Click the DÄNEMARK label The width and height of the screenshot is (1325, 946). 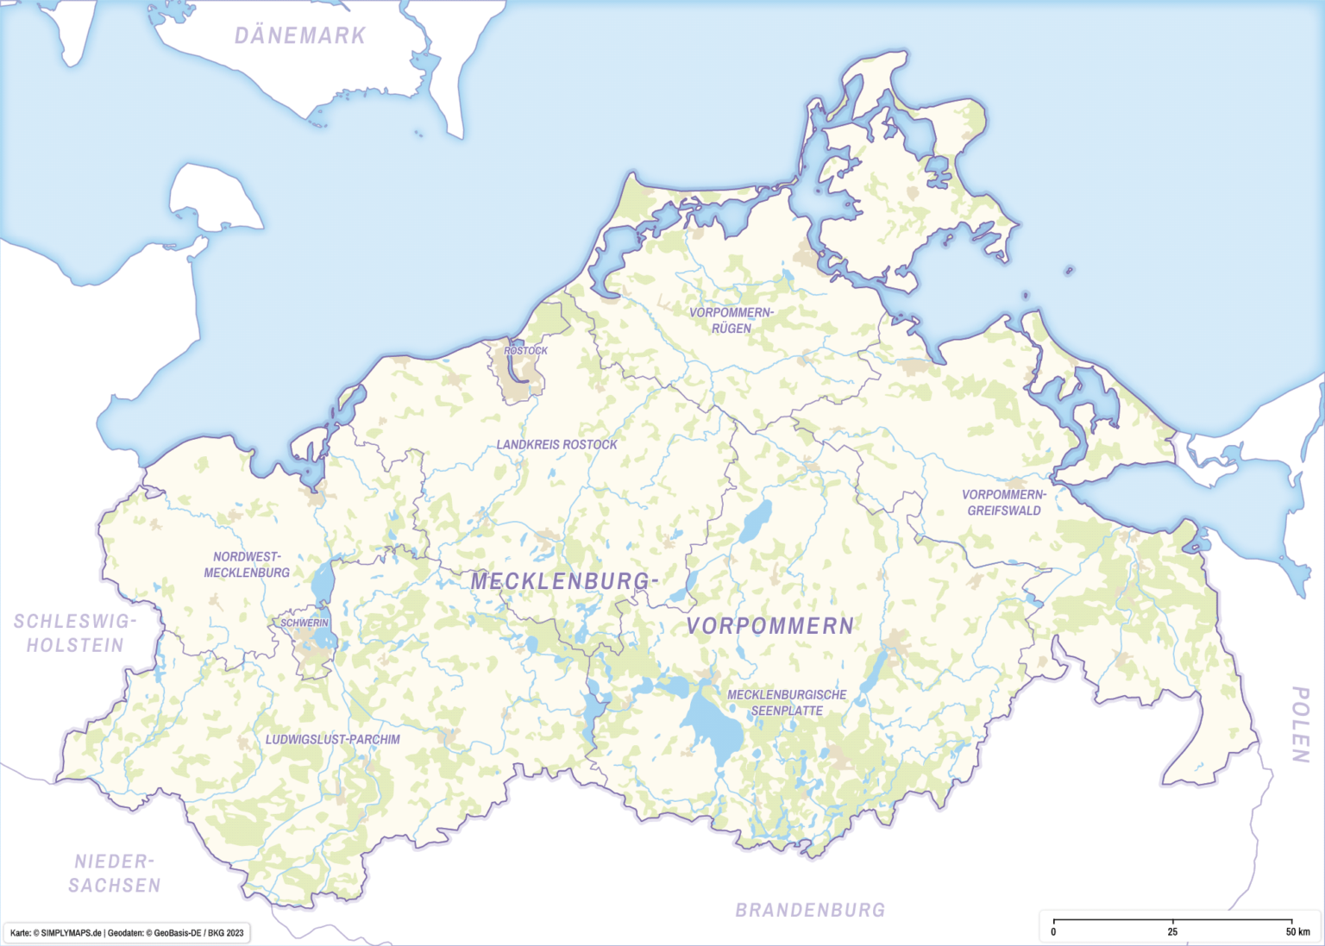click(300, 36)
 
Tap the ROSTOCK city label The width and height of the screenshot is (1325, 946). click(525, 351)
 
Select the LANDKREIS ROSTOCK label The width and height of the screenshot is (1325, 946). click(556, 445)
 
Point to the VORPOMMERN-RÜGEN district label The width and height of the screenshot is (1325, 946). click(732, 320)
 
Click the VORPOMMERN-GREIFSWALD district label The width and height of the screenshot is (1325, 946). click(1004, 503)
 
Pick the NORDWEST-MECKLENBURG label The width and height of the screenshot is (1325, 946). click(247, 565)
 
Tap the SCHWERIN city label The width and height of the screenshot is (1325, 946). click(304, 623)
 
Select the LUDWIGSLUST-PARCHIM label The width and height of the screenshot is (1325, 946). click(332, 740)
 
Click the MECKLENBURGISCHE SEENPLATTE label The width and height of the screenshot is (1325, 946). click(787, 703)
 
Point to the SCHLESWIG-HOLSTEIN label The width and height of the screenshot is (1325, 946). click(75, 634)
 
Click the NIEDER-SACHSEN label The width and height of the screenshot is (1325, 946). click(115, 874)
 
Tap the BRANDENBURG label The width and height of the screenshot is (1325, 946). click(810, 911)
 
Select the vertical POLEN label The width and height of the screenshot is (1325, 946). click(1300, 724)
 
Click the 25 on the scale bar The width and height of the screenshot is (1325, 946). click(1172, 932)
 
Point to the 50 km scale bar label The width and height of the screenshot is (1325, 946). click(1297, 932)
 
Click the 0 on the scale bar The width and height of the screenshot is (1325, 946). click(1053, 932)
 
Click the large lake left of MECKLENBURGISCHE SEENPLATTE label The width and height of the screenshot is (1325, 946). click(713, 724)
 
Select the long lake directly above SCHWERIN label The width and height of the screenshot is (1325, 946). click(322, 583)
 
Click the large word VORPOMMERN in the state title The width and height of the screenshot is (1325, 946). click(769, 627)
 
